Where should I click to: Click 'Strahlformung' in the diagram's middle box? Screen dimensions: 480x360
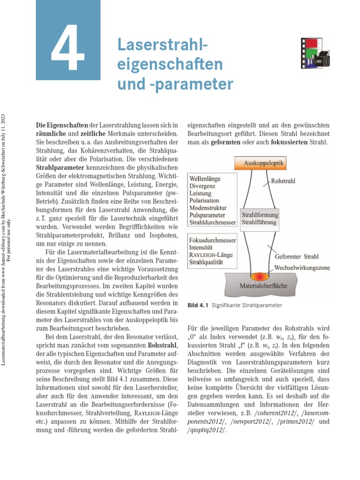tap(260, 215)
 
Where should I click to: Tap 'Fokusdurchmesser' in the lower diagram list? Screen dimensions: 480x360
tap(213, 240)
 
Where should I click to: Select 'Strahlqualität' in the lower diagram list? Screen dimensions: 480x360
tap(206, 262)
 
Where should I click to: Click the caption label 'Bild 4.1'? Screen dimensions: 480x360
tap(197, 306)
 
